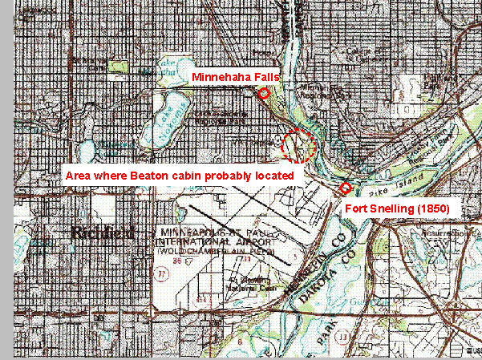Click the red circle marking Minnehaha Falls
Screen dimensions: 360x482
tap(264, 94)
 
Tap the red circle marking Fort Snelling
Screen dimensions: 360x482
tap(346, 188)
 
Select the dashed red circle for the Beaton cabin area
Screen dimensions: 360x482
tap(300, 145)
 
